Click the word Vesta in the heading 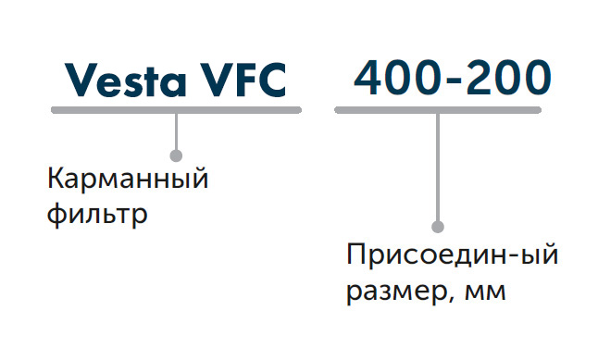tap(126, 81)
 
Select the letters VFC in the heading tap(244, 81)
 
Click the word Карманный tap(128, 179)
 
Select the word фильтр tap(97, 215)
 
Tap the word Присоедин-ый tap(453, 254)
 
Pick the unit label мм tap(485, 292)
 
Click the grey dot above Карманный tap(176, 155)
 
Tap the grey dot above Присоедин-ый tap(438, 227)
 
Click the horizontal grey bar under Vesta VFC tap(176, 110)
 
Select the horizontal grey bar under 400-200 tap(438, 110)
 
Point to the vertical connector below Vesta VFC tap(176, 131)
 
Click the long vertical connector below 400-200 tap(438, 167)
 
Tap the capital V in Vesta tap(81, 80)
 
